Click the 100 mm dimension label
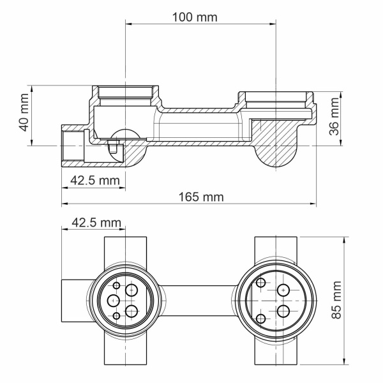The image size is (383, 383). pos(195,17)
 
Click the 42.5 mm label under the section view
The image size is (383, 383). pos(94,181)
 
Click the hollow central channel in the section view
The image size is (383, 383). pos(198,124)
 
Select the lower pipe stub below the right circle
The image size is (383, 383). pos(277,354)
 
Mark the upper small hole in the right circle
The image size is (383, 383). pos(261,283)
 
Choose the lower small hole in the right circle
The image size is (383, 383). pos(261,319)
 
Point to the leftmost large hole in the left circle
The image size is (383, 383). pos(112,301)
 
